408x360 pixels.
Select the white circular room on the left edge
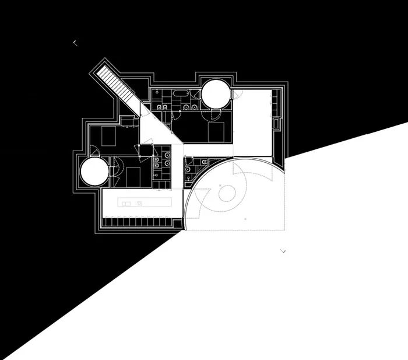[94, 172]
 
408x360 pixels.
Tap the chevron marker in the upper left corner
[75, 43]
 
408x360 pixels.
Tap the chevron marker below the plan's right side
[283, 251]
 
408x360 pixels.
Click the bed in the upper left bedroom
[109, 136]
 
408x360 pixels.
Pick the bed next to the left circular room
[133, 175]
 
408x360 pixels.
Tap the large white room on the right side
[253, 123]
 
